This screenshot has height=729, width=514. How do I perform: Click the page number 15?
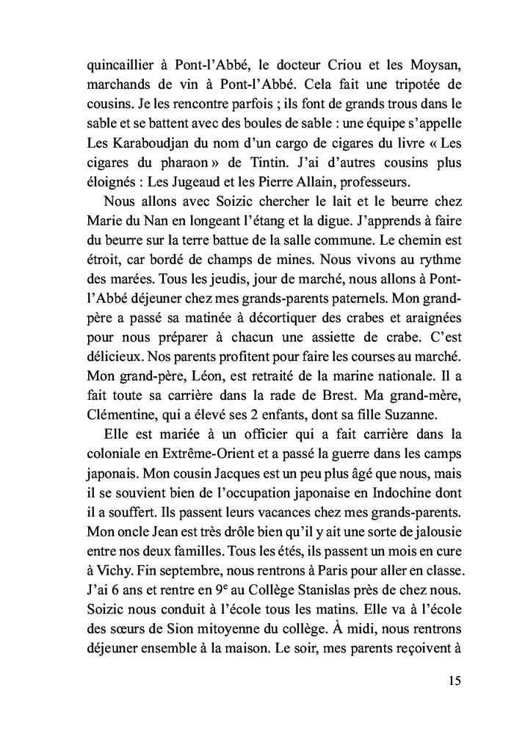(453, 680)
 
